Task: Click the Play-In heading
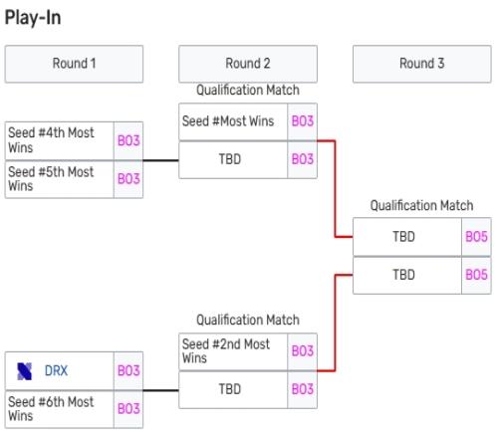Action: pos(33,18)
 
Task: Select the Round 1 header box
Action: pos(74,64)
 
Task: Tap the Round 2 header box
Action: pos(248,64)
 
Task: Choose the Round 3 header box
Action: pos(422,64)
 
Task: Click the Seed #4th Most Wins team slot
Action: pos(60,140)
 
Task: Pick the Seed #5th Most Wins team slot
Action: pos(60,179)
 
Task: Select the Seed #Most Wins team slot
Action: pos(233,121)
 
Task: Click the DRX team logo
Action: pos(24,371)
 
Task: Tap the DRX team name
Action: pos(56,371)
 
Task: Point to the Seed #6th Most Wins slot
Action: pos(60,409)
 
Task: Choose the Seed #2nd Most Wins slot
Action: pos(233,351)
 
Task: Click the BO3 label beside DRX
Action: pos(128,371)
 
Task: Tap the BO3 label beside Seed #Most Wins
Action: pos(303,121)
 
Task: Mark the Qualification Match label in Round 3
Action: pos(421,205)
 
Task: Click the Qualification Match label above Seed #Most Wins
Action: pos(248,90)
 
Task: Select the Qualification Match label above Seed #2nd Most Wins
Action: pos(248,320)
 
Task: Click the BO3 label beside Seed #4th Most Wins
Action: pos(128,140)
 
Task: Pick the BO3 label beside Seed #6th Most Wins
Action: pos(128,409)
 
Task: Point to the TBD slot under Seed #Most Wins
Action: pos(233,160)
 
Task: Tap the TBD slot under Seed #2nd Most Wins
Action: pos(233,390)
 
